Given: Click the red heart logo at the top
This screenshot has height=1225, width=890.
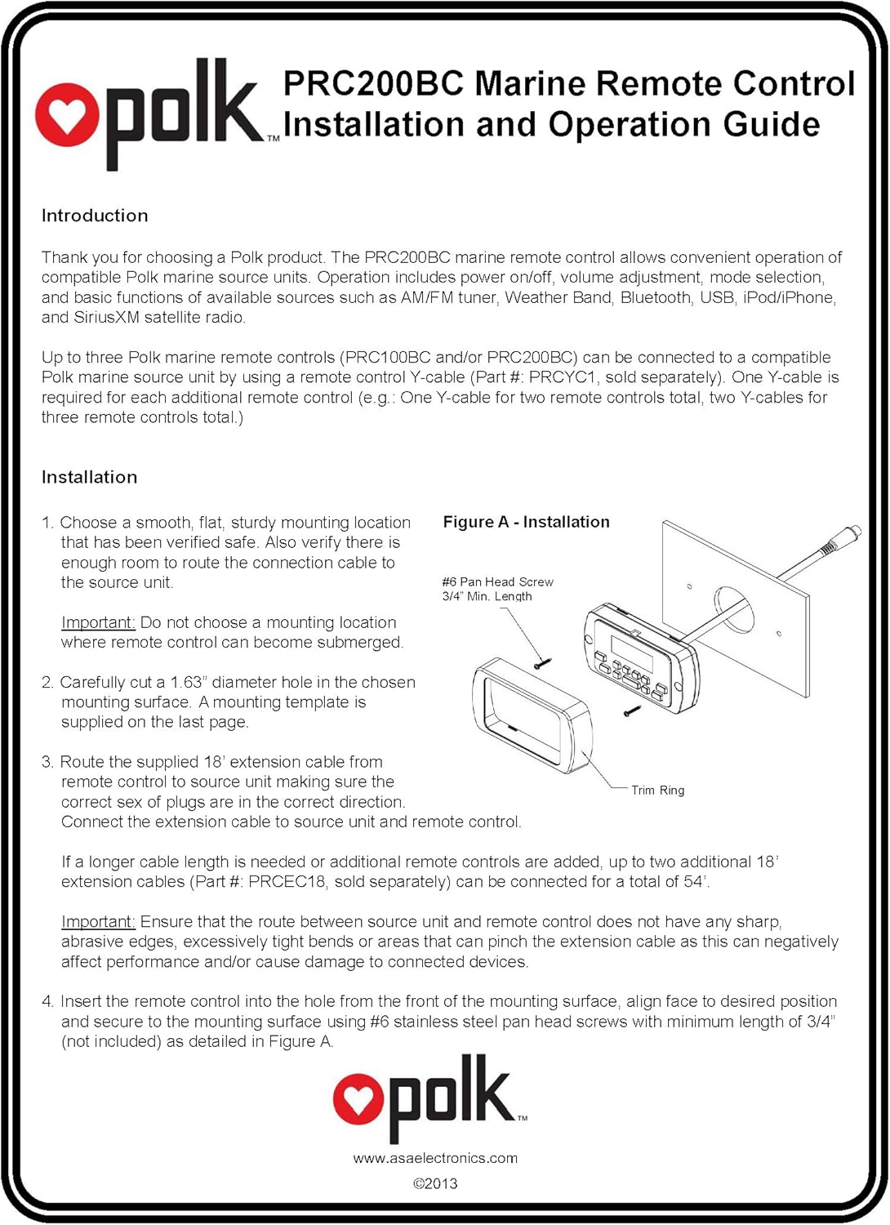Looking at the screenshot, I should click(66, 115).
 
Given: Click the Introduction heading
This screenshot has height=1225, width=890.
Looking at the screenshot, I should click(95, 216).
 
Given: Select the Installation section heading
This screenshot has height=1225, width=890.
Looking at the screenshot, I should click(89, 477).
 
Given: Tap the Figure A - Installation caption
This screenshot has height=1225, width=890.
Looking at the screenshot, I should click(526, 522).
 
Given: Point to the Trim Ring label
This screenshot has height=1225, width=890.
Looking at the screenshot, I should click(658, 790).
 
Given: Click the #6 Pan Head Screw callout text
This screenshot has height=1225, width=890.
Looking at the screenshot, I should click(497, 582).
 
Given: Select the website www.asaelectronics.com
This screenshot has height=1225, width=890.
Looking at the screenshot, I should click(435, 1158).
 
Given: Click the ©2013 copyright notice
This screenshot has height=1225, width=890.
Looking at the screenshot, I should click(435, 1183).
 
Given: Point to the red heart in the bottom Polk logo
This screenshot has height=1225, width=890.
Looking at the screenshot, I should click(358, 1099).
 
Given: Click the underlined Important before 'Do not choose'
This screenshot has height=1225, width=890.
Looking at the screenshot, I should click(98, 622).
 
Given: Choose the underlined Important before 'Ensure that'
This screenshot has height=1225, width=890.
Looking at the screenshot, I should click(98, 921).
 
